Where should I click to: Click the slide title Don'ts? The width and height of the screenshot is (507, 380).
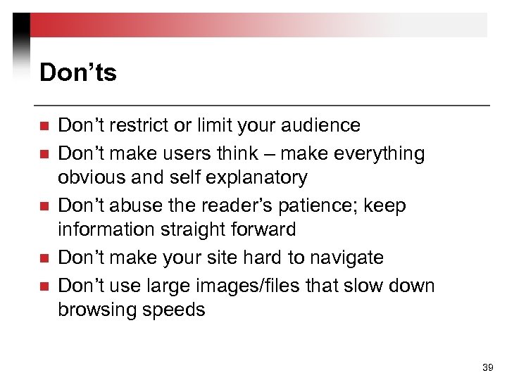pyautogui.click(x=78, y=72)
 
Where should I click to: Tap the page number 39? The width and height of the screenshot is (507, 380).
pyautogui.click(x=487, y=367)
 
